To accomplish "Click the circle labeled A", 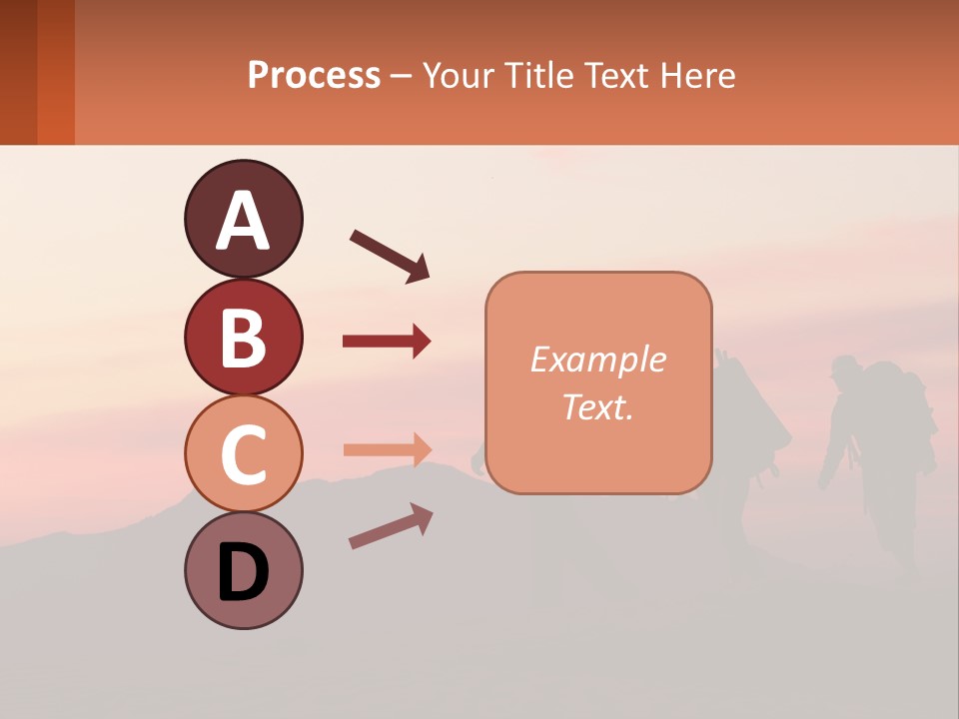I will pyautogui.click(x=243, y=219).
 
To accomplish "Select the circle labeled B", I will pyautogui.click(x=243, y=337).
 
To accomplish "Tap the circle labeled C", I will pyautogui.click(x=243, y=453).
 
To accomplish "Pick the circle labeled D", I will pyautogui.click(x=243, y=570).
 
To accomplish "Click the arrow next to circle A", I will pyautogui.click(x=390, y=255).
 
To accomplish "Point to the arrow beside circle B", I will pyautogui.click(x=387, y=342).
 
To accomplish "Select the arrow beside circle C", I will pyautogui.click(x=387, y=449).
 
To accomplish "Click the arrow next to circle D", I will pyautogui.click(x=391, y=527).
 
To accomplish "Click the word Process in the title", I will pyautogui.click(x=314, y=76).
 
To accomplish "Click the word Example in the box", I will pyautogui.click(x=597, y=359).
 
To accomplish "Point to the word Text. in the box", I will pyautogui.click(x=597, y=406).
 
